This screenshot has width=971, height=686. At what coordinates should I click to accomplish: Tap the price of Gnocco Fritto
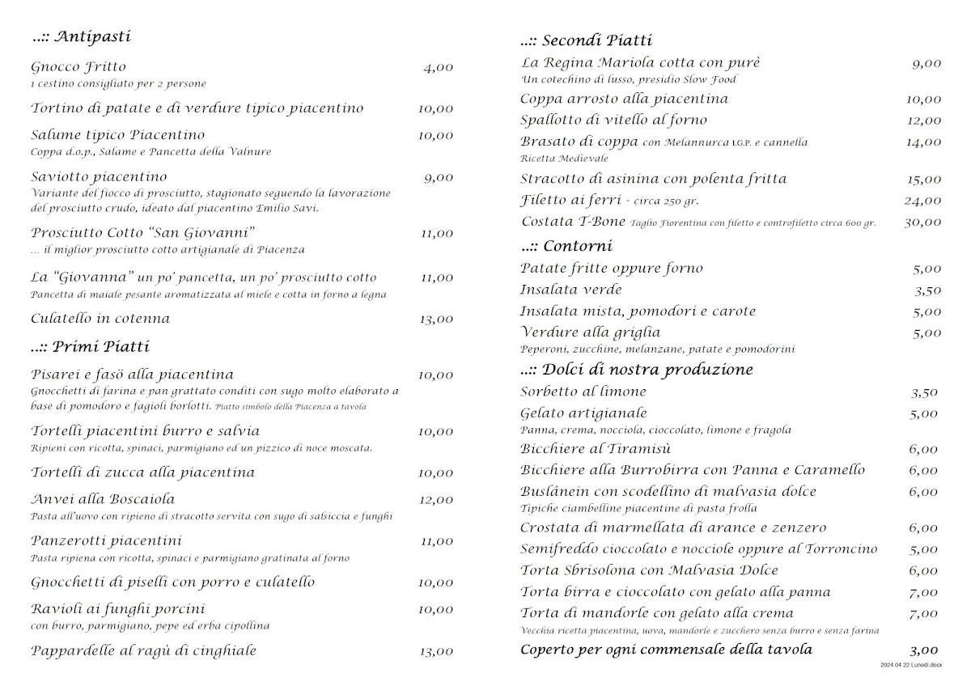pos(438,68)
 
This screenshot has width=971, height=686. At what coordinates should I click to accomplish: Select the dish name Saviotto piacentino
pos(99,176)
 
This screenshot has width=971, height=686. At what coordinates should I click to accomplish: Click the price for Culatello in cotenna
pos(435,320)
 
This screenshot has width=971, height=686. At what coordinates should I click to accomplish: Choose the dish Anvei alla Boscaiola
pos(103,499)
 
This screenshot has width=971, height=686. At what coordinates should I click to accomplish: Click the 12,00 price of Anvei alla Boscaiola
pos(435,500)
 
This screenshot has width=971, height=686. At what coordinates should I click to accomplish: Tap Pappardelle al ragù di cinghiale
pos(143,650)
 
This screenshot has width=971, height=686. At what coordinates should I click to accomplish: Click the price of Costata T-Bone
pos(922,222)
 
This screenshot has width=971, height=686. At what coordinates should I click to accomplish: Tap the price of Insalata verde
pos(927,290)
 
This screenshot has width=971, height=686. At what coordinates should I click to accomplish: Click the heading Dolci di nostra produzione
pos(637,370)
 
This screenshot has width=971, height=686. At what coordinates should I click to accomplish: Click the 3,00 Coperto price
pos(923,650)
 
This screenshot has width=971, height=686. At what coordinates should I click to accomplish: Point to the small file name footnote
pos(912,664)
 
